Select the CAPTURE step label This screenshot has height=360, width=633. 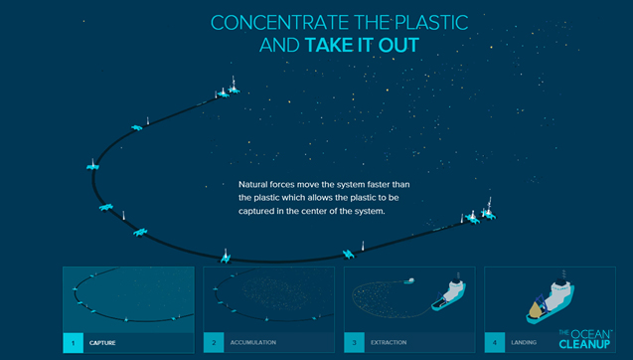point(102,343)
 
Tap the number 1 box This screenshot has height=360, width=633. point(73,343)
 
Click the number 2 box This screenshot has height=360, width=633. point(213,343)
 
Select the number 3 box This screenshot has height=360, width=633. point(353,343)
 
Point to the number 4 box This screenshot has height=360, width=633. point(493,343)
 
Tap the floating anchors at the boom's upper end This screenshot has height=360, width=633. point(227,92)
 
